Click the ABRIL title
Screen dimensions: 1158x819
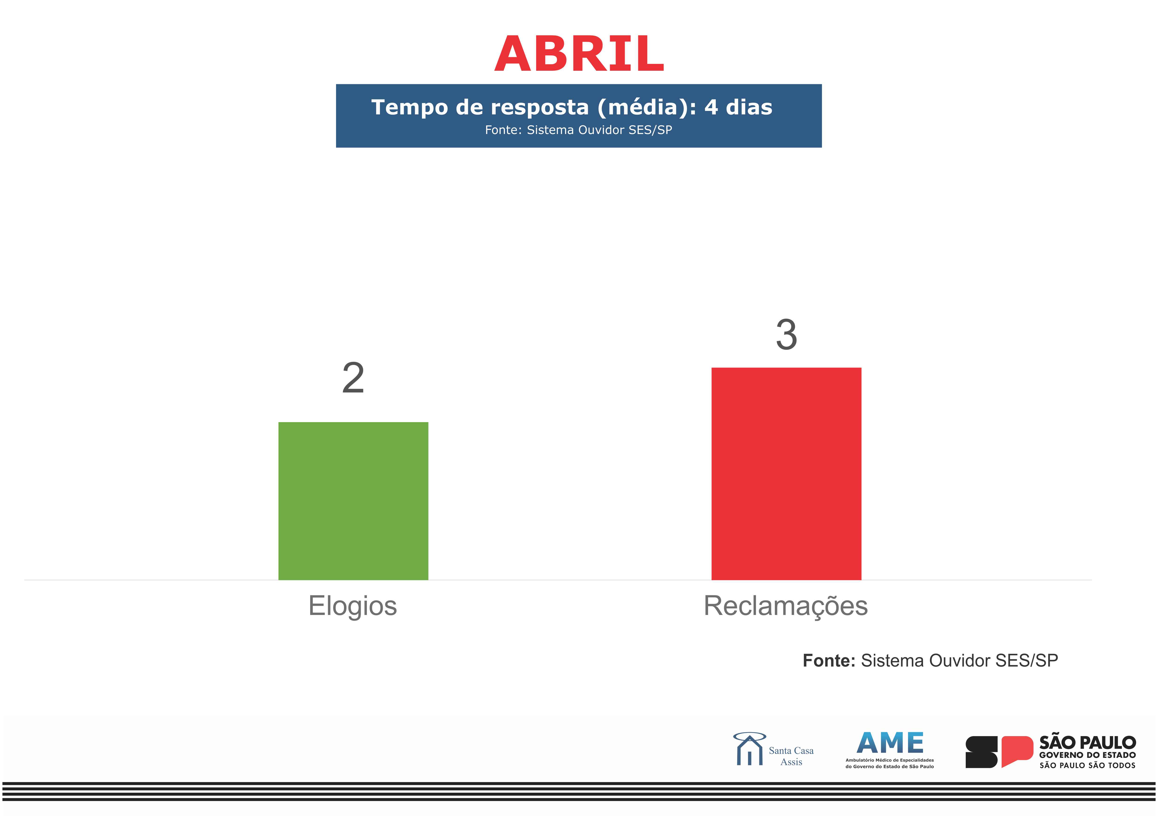[x=579, y=53]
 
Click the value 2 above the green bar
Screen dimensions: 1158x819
[x=353, y=378]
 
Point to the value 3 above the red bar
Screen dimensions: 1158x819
[x=786, y=335]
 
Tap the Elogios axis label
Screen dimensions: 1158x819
[x=353, y=606]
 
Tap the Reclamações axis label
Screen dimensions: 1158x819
[x=786, y=606]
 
